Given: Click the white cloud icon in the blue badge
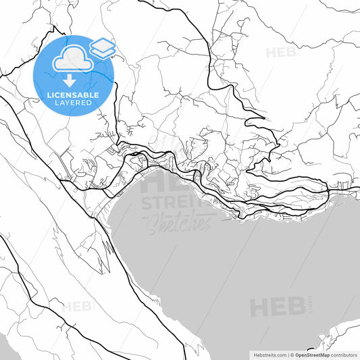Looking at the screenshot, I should tap(72, 58).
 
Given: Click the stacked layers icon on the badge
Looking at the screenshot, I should tap(102, 47).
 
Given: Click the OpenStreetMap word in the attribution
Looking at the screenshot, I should tap(311, 355).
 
